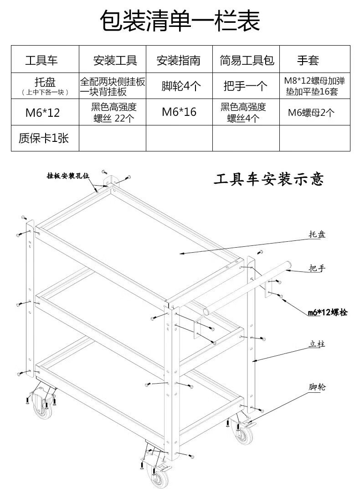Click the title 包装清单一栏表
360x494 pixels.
pyautogui.click(x=180, y=21)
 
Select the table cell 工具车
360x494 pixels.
pyautogui.click(x=41, y=60)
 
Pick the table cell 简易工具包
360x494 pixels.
pyautogui.click(x=246, y=60)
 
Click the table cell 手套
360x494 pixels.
pyautogui.click(x=309, y=60)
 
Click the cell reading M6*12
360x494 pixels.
pyautogui.click(x=42, y=112)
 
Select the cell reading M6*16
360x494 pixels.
pyautogui.click(x=179, y=112)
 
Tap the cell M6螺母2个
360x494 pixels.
pyautogui.click(x=311, y=112)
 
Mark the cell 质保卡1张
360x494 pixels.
pyautogui.click(x=44, y=138)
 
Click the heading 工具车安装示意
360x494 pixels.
pyautogui.click(x=269, y=179)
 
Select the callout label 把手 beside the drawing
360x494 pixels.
pyautogui.click(x=317, y=268)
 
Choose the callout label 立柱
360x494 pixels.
pyautogui.click(x=317, y=345)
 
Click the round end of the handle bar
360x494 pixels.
pyautogui.click(x=288, y=265)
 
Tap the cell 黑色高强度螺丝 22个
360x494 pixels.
pyautogui.click(x=113, y=112)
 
